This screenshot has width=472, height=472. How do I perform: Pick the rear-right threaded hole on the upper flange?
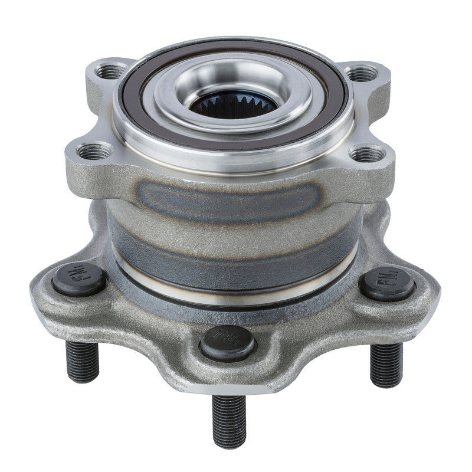tap(362, 73)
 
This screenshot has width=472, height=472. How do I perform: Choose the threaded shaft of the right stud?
tap(386, 363)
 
